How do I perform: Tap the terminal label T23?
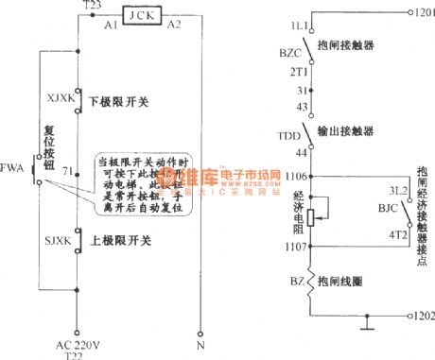[x=92, y=6]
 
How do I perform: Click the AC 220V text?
[x=74, y=345]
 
